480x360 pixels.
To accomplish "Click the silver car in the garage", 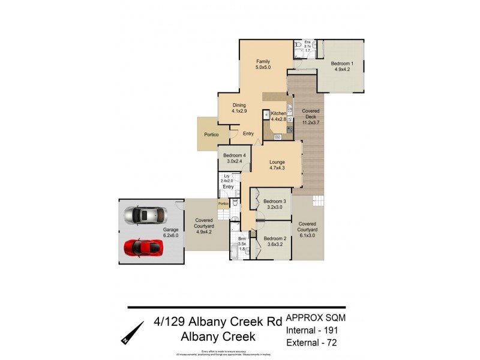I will (143, 215).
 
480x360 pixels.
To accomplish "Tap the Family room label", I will (263, 65).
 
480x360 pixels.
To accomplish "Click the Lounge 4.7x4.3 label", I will (277, 165).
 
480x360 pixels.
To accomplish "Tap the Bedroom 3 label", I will (274, 204).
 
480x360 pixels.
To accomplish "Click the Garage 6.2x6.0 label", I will (172, 232).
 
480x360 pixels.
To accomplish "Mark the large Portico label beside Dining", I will (212, 134).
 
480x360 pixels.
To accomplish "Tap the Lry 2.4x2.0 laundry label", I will (227, 179).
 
